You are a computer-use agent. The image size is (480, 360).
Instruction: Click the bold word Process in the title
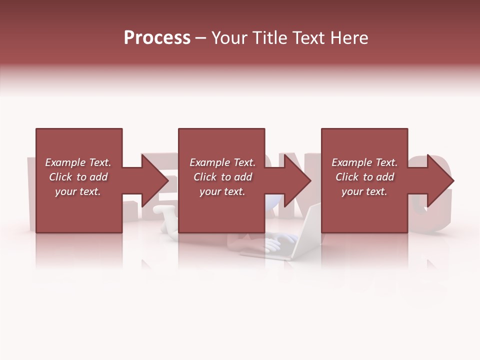(x=157, y=38)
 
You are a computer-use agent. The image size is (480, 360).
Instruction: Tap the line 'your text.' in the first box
(x=78, y=191)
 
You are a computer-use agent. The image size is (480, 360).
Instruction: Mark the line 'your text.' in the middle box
(x=222, y=191)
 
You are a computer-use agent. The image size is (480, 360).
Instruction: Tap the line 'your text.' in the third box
(x=364, y=191)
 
